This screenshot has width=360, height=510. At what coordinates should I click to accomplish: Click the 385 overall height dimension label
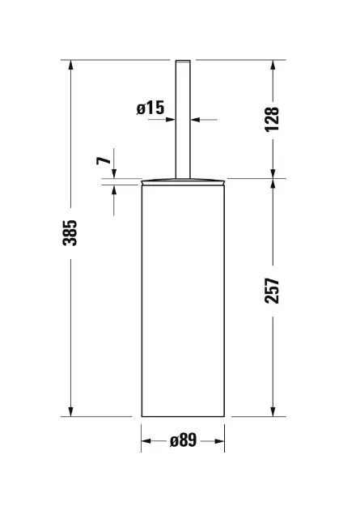[x=70, y=233]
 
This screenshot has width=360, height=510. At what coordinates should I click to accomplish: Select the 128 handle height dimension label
[x=272, y=119]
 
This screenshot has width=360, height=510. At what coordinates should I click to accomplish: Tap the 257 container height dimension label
[x=272, y=291]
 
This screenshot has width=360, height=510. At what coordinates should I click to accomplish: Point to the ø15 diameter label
[x=150, y=108]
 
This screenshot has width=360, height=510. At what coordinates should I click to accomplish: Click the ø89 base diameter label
[x=184, y=440]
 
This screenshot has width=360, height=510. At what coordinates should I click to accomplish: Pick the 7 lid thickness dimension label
[x=104, y=160]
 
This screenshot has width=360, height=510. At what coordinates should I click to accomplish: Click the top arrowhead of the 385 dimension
[x=70, y=65]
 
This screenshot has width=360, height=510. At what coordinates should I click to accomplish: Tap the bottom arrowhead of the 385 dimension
[x=70, y=411]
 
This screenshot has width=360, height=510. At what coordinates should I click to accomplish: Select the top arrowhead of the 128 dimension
[x=273, y=65]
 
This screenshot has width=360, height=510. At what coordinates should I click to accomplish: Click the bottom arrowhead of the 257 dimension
[x=273, y=411]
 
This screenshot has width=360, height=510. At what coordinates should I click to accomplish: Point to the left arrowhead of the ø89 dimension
[x=146, y=441]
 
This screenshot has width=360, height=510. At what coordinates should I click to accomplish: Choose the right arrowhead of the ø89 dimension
[x=219, y=441]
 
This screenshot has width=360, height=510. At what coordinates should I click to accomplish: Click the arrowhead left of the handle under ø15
[x=171, y=119]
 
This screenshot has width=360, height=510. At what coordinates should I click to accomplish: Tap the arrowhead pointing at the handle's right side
[x=195, y=120]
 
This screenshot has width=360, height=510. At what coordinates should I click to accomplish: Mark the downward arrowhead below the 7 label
[x=114, y=173]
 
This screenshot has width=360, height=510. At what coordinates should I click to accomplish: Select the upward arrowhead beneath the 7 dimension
[x=114, y=189]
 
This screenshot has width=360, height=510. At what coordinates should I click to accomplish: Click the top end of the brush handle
[x=183, y=61]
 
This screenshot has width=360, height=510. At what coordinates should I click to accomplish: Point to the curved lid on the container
[x=183, y=181]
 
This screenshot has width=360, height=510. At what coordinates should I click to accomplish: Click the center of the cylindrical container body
[x=183, y=300]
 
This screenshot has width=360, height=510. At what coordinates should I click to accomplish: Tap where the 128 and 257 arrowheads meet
[x=273, y=178]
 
